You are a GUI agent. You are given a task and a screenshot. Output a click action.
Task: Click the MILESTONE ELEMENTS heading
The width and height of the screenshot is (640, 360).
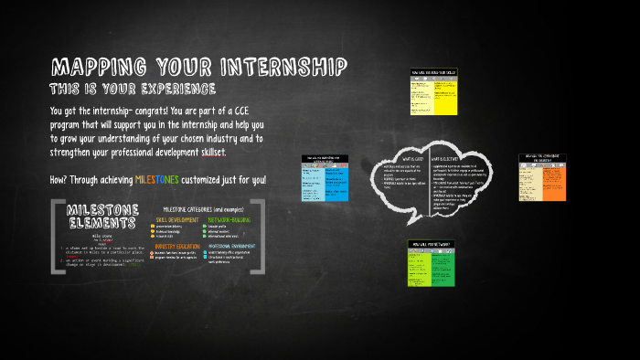[102, 217]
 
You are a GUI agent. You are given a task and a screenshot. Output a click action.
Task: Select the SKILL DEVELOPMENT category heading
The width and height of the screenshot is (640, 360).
[178, 220]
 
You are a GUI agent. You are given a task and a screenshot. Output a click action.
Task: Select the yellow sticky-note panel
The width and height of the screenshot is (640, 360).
[432, 91]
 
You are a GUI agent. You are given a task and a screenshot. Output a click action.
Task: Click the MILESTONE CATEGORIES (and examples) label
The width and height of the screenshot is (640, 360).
[203, 209]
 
